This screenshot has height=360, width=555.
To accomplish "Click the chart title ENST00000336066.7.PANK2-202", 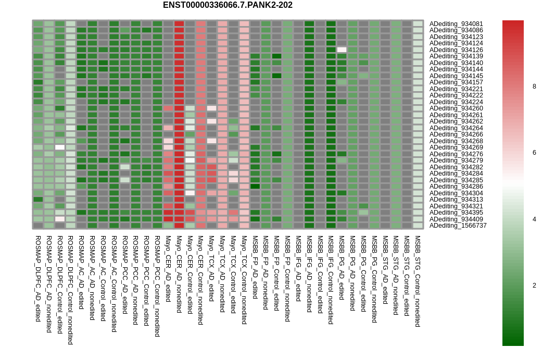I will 228,5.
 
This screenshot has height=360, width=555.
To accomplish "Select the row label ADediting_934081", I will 456,24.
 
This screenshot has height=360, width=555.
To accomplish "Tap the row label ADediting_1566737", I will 458,226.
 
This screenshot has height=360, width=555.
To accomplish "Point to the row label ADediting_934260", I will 456,108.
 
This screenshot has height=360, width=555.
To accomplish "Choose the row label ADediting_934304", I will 456,193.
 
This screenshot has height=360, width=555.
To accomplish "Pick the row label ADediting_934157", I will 456,82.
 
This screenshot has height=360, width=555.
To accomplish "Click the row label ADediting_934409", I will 456,219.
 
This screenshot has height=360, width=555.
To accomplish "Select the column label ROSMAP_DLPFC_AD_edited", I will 38,278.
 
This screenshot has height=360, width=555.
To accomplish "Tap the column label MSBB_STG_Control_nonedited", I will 418,281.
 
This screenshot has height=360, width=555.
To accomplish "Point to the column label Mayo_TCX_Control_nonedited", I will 244,280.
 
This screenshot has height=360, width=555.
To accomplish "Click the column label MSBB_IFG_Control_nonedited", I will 331,280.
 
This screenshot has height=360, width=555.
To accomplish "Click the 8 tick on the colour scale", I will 534,86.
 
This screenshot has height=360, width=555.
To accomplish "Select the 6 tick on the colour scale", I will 534,153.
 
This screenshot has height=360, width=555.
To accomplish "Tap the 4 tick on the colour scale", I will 534,219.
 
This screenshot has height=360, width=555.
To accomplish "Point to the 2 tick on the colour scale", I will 534,285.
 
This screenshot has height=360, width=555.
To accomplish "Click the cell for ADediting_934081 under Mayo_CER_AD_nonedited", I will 179,24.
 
